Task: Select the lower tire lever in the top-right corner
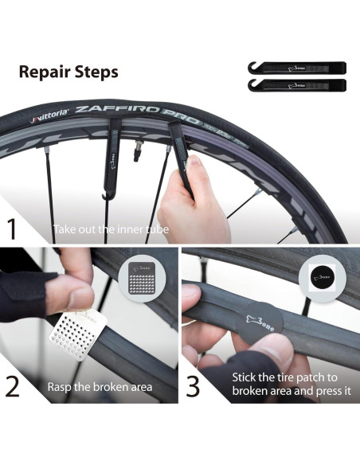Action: tap(292, 84)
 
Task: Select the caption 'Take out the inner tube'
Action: tap(111, 231)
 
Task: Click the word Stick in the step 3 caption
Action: tap(245, 377)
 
